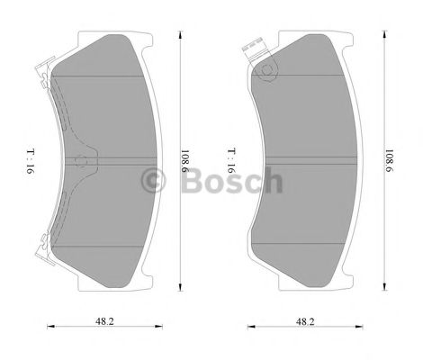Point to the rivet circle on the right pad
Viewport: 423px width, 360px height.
point(267,75)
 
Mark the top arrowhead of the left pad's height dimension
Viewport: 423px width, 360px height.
point(181,34)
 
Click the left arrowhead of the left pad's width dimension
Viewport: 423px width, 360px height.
point(48,327)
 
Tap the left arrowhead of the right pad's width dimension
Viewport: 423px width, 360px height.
point(250,327)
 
